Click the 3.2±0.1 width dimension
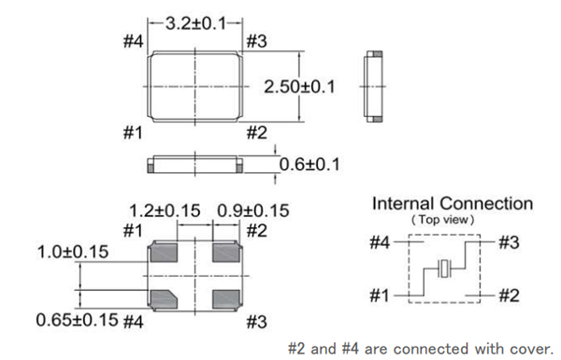(196, 23)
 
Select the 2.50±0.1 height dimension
(299, 87)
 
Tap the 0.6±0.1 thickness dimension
(309, 165)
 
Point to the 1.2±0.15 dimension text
(165, 210)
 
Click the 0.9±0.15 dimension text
(253, 210)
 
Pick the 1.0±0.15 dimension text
(73, 252)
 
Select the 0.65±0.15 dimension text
(77, 320)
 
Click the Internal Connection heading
(453, 204)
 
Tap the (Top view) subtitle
(443, 220)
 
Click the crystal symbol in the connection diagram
(444, 268)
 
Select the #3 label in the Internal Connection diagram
(509, 242)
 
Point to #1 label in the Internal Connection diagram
(380, 295)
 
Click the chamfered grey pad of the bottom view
(164, 299)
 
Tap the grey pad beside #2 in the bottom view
(226, 252)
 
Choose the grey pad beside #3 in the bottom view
(226, 299)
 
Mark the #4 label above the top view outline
(133, 41)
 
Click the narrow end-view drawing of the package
(373, 87)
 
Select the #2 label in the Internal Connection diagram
(509, 295)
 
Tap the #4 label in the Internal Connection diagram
(380, 242)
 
